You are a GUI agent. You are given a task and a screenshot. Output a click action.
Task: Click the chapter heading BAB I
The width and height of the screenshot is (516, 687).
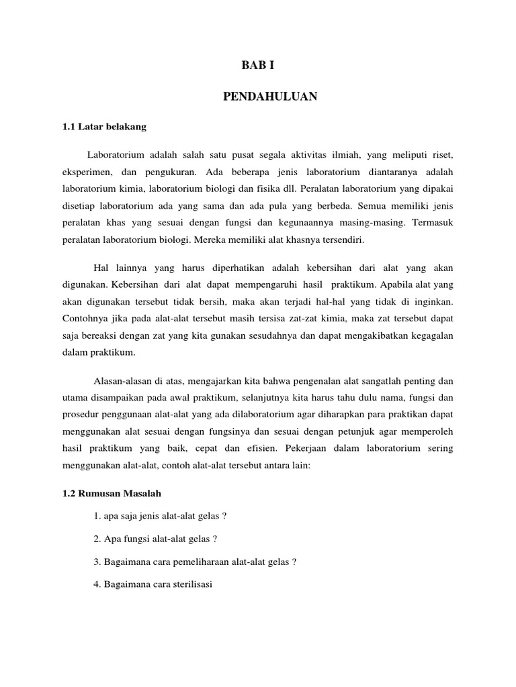click(258, 65)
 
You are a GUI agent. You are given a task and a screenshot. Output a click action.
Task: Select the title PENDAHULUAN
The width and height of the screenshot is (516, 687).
click(269, 97)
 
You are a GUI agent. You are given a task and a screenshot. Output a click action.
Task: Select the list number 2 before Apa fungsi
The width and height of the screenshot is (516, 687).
click(98, 539)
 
